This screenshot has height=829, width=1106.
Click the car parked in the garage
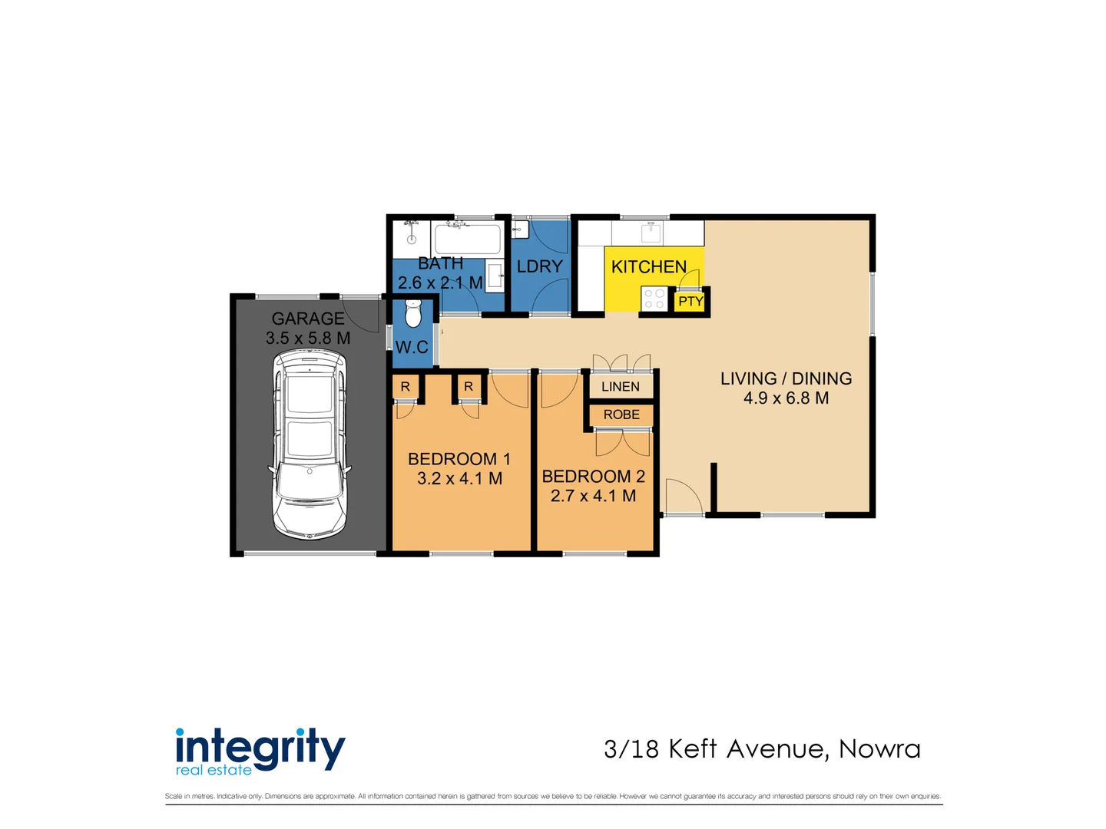(310, 445)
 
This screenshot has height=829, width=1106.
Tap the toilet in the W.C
(413, 313)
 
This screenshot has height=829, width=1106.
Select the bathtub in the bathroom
(468, 239)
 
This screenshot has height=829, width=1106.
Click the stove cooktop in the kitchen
(654, 299)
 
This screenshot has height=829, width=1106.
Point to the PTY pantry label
(690, 302)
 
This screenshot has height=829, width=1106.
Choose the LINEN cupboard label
(621, 387)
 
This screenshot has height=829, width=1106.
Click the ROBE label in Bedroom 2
(621, 414)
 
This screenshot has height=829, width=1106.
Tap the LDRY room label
(539, 266)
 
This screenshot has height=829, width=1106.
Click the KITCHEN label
(649, 267)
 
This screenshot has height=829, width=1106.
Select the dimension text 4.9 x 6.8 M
(786, 398)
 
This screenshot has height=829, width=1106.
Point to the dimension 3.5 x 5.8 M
(308, 339)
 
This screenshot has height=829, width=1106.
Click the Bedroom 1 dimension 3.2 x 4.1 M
(459, 479)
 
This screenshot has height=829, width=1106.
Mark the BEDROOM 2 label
(593, 477)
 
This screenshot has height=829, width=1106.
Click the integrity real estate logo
(260, 751)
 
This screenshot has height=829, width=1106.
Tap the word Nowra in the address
(879, 749)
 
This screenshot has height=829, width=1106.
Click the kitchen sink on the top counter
(652, 231)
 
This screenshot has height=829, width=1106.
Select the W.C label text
(412, 348)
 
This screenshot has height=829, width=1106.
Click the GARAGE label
(308, 319)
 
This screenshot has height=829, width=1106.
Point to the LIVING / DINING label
(786, 378)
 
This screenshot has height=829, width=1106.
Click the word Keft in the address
(692, 749)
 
